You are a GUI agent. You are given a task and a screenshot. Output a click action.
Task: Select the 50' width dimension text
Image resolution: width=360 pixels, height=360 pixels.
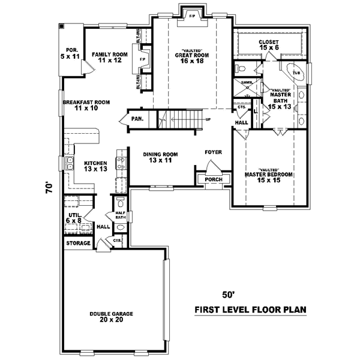(227, 295)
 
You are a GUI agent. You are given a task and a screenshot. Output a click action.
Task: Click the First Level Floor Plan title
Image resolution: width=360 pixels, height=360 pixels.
(250, 310)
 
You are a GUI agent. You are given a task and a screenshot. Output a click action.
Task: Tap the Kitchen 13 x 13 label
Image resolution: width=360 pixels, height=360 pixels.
(95, 166)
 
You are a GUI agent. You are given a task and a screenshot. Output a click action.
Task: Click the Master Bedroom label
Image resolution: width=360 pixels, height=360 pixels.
(268, 176)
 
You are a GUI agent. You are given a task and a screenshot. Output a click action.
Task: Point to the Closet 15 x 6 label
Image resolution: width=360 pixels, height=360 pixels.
(269, 44)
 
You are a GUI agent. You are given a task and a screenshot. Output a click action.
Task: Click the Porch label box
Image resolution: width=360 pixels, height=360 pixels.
(213, 179)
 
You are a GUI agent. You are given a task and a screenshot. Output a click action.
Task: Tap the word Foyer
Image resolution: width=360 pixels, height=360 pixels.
(213, 152)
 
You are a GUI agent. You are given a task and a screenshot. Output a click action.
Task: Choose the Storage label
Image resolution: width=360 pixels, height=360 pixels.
(78, 243)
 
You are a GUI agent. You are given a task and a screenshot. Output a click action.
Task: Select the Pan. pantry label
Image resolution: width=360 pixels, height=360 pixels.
(137, 119)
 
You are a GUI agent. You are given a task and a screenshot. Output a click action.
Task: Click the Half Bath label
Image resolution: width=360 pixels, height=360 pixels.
(119, 215)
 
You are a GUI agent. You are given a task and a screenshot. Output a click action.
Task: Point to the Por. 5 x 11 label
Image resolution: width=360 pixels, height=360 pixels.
(72, 53)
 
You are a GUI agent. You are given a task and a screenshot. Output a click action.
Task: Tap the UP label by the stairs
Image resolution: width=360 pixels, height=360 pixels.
(208, 119)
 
